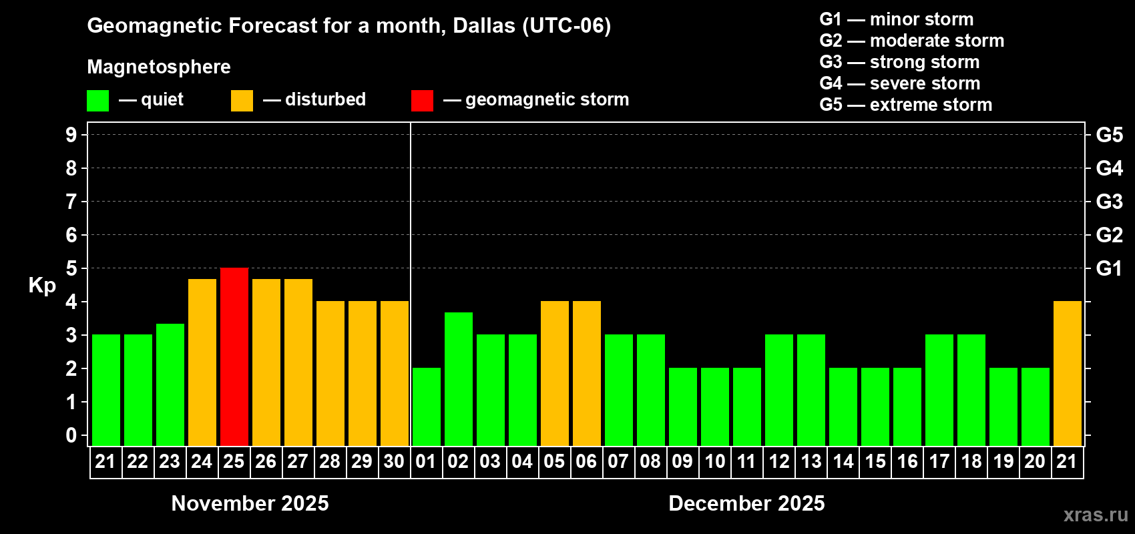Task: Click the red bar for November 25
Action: (x=234, y=356)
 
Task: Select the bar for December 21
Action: (x=1067, y=373)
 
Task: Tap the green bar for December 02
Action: (x=459, y=378)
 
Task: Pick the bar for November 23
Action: (x=170, y=384)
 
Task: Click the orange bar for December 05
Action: (x=555, y=373)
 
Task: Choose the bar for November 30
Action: (x=395, y=373)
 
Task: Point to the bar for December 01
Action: (x=427, y=407)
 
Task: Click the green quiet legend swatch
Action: (x=97, y=101)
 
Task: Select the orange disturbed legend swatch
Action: (x=242, y=101)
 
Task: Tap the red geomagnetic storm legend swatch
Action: (x=422, y=101)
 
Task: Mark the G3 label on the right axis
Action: (x=1109, y=202)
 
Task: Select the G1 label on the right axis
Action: (x=1109, y=268)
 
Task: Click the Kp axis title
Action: (x=42, y=285)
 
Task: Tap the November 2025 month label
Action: (x=250, y=503)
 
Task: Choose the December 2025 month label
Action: (x=746, y=503)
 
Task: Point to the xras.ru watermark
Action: (x=1095, y=515)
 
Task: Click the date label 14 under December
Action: (x=843, y=461)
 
